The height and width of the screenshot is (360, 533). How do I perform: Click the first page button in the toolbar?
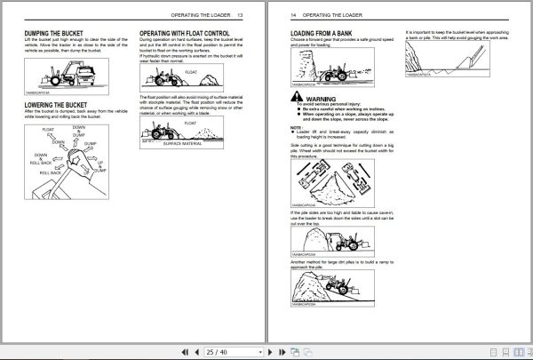click(x=183, y=351)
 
